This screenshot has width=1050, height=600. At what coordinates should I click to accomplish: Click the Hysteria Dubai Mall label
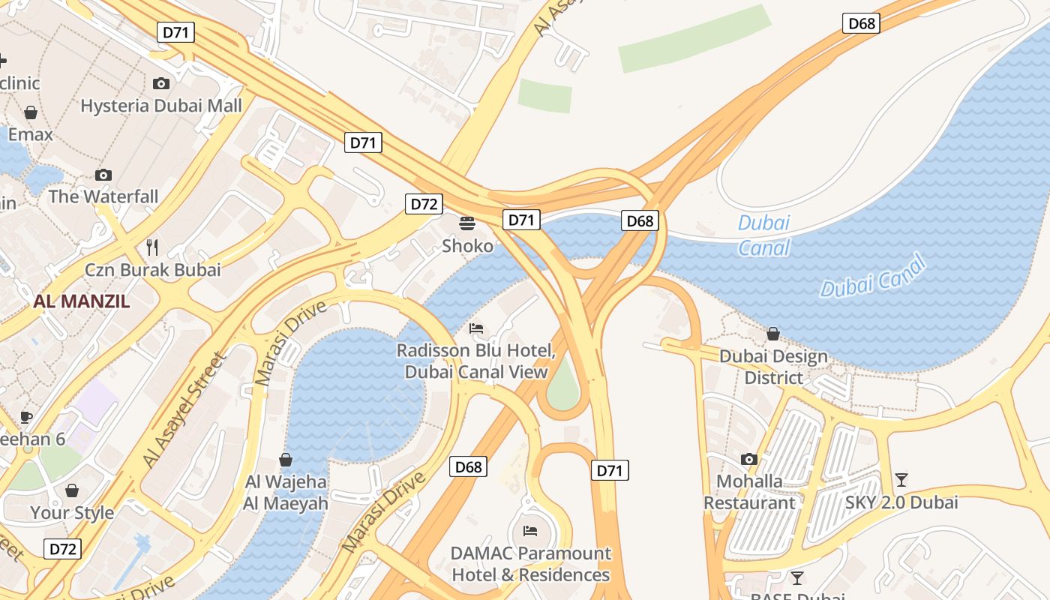coord(161,105)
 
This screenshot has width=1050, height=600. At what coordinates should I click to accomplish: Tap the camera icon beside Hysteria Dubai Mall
coord(161,83)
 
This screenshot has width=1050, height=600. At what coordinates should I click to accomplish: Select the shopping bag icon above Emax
coord(31,112)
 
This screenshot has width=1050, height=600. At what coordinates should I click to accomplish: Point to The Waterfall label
coord(103,196)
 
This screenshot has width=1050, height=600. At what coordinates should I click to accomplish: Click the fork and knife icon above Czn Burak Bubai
coord(152,247)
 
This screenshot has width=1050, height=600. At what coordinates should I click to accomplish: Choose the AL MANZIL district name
coord(81,301)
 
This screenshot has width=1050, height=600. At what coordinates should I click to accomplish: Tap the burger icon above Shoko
coord(467,223)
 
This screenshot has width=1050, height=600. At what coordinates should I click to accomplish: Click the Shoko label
coord(467,246)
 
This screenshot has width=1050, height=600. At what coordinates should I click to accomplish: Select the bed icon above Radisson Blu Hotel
coord(476,328)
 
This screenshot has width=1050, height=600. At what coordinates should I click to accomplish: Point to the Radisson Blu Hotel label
coord(476,361)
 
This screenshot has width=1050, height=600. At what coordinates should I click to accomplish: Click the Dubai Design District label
coord(773,367)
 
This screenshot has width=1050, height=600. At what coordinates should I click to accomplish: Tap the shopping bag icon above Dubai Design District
coord(773,333)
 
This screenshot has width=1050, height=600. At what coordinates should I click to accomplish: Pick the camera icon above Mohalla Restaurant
coord(748,459)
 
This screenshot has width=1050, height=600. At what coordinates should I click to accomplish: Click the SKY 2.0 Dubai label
coord(901,502)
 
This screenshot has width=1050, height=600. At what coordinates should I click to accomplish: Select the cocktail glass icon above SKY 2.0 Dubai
coord(901,479)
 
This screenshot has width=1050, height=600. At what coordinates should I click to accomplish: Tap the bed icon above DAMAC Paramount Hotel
coord(530,531)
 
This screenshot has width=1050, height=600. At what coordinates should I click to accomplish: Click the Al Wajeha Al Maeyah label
coord(286,492)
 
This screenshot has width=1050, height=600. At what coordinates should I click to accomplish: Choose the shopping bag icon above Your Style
coord(72,490)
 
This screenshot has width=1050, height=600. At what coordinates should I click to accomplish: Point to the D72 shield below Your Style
coord(62,549)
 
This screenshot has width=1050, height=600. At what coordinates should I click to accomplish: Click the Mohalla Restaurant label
coord(748,492)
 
